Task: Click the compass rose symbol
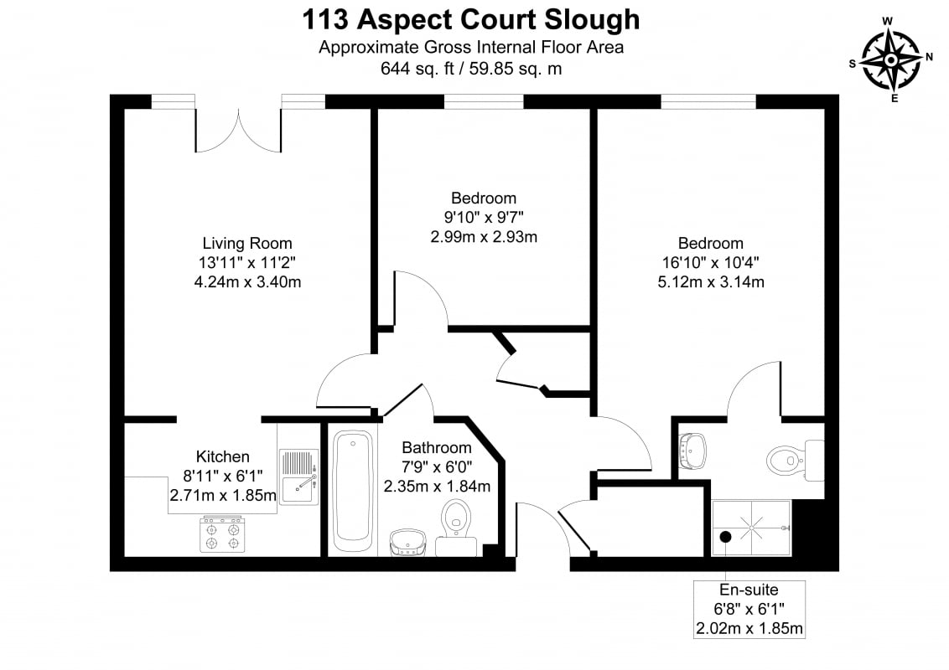point(891,60)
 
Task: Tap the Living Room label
point(247,243)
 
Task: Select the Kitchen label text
point(223,456)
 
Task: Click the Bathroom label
point(437,447)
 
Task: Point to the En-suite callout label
point(749,590)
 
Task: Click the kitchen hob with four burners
point(223,534)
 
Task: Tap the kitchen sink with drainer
point(298,477)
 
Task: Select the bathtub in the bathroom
point(353,492)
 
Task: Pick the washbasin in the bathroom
point(407,543)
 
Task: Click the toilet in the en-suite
point(796,460)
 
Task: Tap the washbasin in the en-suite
point(692,451)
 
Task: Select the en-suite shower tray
point(751,528)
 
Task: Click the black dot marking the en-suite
point(725,536)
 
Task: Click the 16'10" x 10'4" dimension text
point(711,262)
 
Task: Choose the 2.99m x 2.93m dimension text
point(484,236)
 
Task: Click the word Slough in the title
point(592,21)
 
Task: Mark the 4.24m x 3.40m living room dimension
point(247,281)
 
